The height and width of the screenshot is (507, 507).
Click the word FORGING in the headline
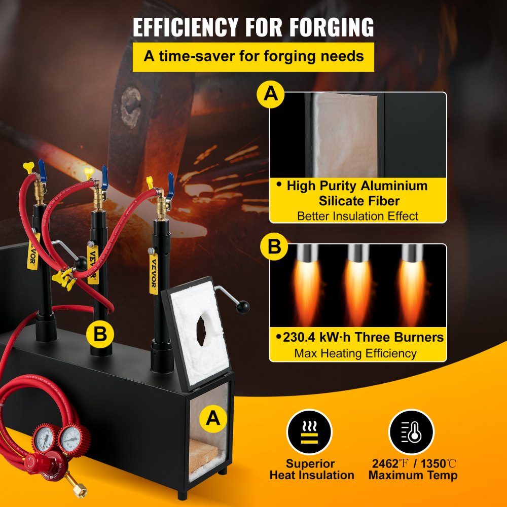click(332, 27)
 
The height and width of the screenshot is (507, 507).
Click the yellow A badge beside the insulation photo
click(271, 94)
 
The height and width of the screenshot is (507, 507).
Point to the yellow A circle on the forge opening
click(213, 419)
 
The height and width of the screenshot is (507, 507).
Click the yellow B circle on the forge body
click(100, 334)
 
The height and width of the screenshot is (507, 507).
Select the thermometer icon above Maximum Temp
click(411, 432)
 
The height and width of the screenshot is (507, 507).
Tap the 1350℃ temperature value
click(439, 464)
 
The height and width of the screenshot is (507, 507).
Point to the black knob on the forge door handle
click(242, 307)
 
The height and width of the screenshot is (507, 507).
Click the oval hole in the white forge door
click(201, 331)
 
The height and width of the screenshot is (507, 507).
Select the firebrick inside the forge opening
click(202, 454)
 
